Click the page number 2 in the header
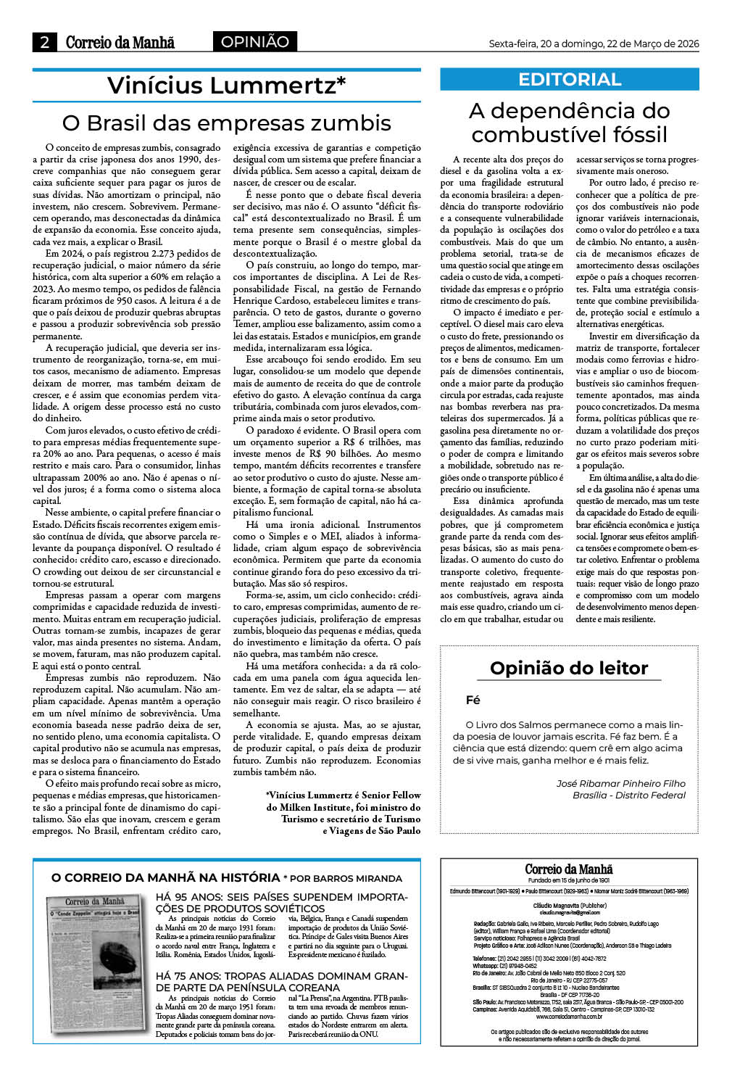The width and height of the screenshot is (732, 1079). pyautogui.click(x=45, y=42)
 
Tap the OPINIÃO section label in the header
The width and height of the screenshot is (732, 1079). pyautogui.click(x=254, y=42)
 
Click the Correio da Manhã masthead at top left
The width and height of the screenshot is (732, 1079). pyautogui.click(x=120, y=42)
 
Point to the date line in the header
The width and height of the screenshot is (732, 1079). pyautogui.click(x=593, y=44)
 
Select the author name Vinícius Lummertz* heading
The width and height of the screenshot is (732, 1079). pyautogui.click(x=226, y=86)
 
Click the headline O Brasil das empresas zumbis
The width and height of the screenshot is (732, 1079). pyautogui.click(x=226, y=123)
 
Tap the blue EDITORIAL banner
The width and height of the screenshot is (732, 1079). pyautogui.click(x=570, y=80)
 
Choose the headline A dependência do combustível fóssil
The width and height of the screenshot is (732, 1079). pyautogui.click(x=570, y=123)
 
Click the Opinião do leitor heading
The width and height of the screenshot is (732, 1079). pyautogui.click(x=569, y=668)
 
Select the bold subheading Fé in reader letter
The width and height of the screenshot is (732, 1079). pyautogui.click(x=473, y=700)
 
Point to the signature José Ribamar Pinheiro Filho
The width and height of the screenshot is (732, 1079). pyautogui.click(x=620, y=783)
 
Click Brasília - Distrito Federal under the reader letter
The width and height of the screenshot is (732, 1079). pyautogui.click(x=629, y=795)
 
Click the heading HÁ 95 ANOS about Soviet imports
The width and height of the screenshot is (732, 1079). pyautogui.click(x=281, y=902)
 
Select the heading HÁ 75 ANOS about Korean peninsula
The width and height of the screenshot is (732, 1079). pyautogui.click(x=281, y=982)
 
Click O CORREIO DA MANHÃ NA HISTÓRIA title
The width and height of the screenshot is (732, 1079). pyautogui.click(x=165, y=877)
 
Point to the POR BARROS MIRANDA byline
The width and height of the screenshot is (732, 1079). pyautogui.click(x=346, y=878)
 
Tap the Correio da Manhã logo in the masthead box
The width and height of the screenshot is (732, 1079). pyautogui.click(x=569, y=869)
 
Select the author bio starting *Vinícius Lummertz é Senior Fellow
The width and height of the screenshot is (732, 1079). pyautogui.click(x=343, y=812)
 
